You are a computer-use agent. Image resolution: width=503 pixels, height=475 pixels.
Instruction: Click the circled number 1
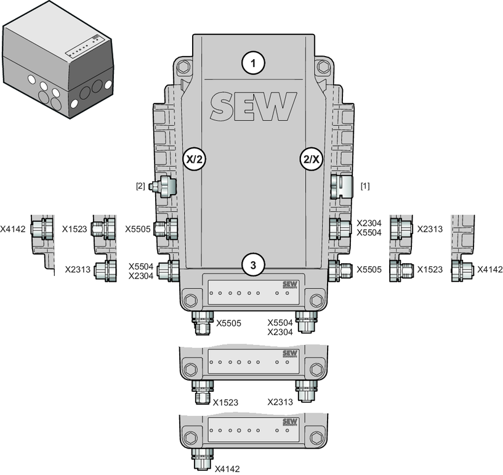coord(253,63)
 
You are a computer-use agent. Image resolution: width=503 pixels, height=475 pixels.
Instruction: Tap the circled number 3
coord(253,265)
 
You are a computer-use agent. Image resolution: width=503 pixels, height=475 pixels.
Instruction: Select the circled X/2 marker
coord(195,159)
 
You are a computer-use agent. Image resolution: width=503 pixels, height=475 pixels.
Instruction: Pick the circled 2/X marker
coord(312,159)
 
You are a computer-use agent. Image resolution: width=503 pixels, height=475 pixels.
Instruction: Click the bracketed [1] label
coord(365,186)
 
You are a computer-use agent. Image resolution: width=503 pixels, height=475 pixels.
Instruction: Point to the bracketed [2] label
coord(140,186)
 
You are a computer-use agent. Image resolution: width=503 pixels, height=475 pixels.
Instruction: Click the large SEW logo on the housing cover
coord(254,106)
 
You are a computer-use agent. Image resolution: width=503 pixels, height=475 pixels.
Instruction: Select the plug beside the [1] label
coord(341,187)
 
